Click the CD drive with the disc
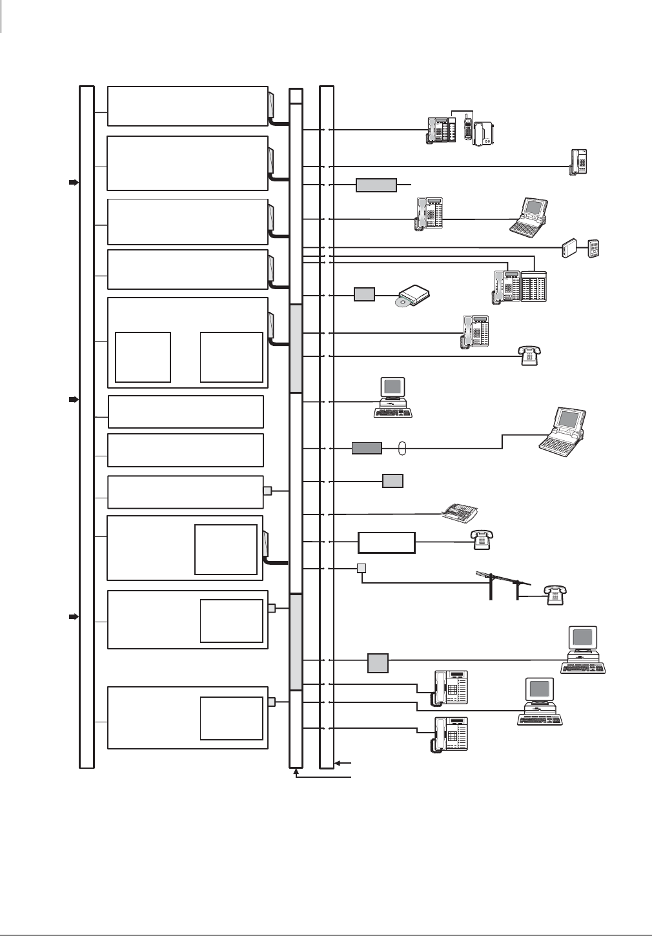pyautogui.click(x=413, y=296)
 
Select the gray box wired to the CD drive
pyautogui.click(x=364, y=295)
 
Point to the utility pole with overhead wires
pyautogui.click(x=504, y=585)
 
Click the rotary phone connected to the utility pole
pyautogui.click(x=555, y=595)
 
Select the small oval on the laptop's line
pyautogui.click(x=402, y=449)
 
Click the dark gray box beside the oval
pyautogui.click(x=367, y=448)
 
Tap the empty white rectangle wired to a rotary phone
pyautogui.click(x=387, y=542)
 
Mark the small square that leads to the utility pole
pyautogui.click(x=362, y=568)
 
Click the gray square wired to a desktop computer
pyautogui.click(x=378, y=663)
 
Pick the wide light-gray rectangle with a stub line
pyautogui.click(x=376, y=185)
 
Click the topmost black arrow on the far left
pyautogui.click(x=74, y=183)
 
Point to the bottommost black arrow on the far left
pyautogui.click(x=74, y=617)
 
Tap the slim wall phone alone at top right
pyautogui.click(x=578, y=161)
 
